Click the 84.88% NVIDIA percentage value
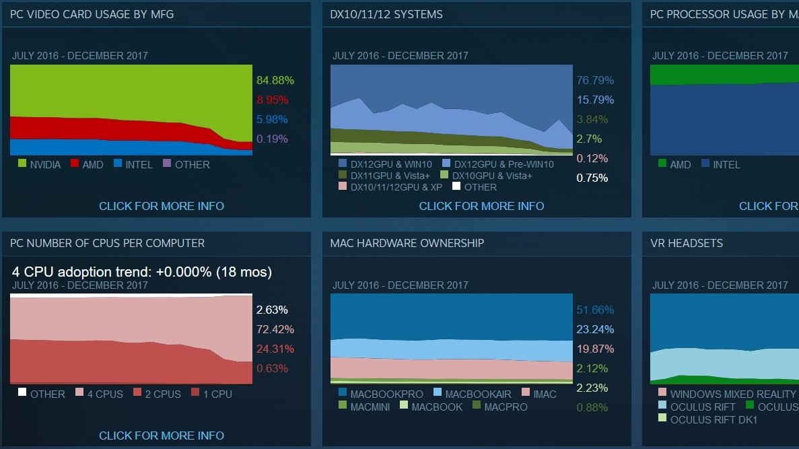(275, 81)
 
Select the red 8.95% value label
(272, 100)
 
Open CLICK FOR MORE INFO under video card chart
(162, 206)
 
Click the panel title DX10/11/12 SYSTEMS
(386, 14)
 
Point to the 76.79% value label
(595, 81)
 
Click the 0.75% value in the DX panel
(592, 178)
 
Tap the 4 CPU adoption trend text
(142, 273)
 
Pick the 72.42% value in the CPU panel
(272, 330)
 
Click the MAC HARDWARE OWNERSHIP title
(407, 243)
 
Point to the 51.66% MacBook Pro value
(595, 310)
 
